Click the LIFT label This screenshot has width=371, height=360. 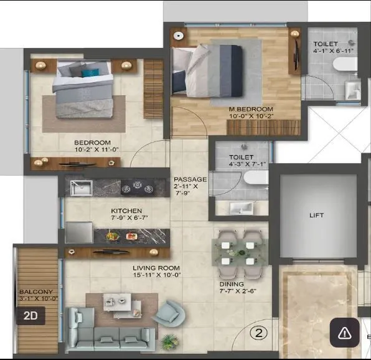[x=317, y=216]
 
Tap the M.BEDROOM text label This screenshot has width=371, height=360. [x=250, y=110]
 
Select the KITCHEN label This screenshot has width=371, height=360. [x=126, y=211]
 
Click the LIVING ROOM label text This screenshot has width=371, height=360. [x=156, y=269]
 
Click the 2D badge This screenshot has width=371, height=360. [x=31, y=316]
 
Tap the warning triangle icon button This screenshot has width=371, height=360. [x=344, y=333]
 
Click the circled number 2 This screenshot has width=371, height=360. [x=258, y=332]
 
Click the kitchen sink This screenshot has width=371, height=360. [x=82, y=187]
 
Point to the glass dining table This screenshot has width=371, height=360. [x=243, y=252]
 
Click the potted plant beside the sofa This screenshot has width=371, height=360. [x=168, y=341]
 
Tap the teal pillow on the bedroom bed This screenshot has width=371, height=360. [x=90, y=72]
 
